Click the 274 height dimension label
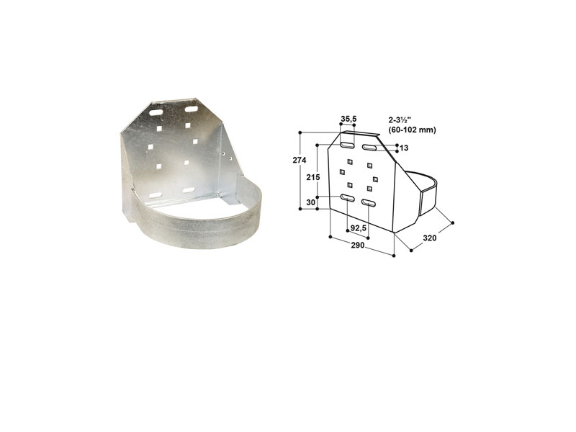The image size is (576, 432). point(300,160)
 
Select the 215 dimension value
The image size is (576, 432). point(313,177)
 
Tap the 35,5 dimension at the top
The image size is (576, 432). point(348,119)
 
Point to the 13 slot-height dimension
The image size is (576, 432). point(404,148)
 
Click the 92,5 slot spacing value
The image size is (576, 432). point(358,228)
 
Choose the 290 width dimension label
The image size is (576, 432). point(357,245)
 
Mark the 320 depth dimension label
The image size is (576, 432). point(430,238)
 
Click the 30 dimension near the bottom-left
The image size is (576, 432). point(311,202)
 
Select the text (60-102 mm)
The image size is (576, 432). point(412,130)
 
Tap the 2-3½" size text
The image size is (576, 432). point(402,120)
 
